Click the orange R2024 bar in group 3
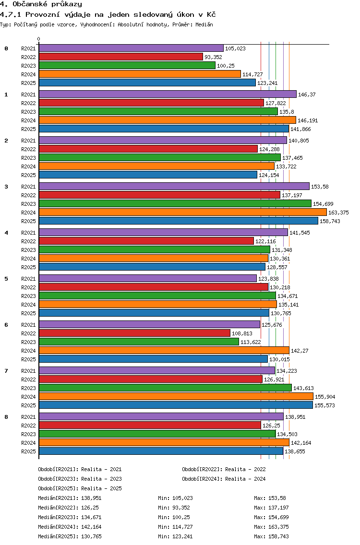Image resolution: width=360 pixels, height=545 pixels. pyautogui.click(x=182, y=213)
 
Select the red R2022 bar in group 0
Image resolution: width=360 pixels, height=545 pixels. pyautogui.click(x=120, y=57)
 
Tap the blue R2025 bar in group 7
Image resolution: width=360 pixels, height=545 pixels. pyautogui.click(x=176, y=405)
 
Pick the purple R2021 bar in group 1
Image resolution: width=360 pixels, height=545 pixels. pyautogui.click(x=168, y=94)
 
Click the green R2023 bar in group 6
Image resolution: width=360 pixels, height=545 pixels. pyautogui.click(x=139, y=342)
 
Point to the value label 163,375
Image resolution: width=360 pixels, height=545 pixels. pyautogui.click(x=339, y=213)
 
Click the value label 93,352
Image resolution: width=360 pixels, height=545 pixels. pyautogui.click(x=213, y=57)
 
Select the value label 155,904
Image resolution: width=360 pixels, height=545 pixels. pyautogui.click(x=325, y=397)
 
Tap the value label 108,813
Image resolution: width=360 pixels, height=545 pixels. pyautogui.click(x=242, y=334)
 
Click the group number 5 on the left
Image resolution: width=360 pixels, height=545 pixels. pyautogui.click(x=6, y=279)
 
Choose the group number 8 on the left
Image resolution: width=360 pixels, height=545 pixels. pyautogui.click(x=6, y=417)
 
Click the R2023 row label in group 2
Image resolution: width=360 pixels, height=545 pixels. pyautogui.click(x=28, y=158)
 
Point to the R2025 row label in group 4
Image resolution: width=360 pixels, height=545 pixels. pyautogui.click(x=28, y=267)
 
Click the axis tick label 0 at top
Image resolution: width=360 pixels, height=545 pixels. pyautogui.click(x=38, y=39)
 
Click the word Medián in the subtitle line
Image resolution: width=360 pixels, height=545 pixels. pyautogui.click(x=204, y=24)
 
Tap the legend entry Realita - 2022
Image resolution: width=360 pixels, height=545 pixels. pyautogui.click(x=245, y=469)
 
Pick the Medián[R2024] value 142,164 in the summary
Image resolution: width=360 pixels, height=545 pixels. pyautogui.click(x=92, y=527)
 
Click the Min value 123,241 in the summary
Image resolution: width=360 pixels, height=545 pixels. pyautogui.click(x=182, y=537)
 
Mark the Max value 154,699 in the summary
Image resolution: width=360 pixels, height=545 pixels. pyautogui.click(x=278, y=518)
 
